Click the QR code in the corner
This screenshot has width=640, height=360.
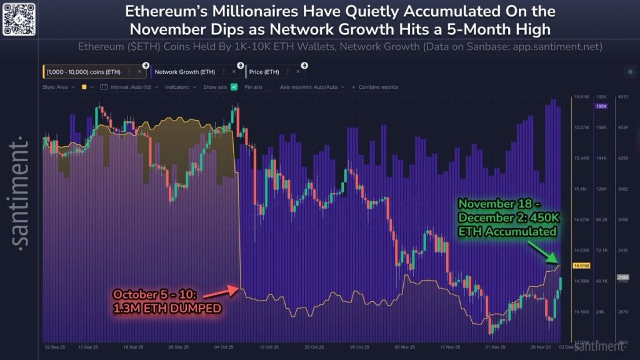18,18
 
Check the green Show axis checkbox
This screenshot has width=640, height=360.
234,87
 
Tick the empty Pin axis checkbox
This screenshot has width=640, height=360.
269,87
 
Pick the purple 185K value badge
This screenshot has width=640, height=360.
602,106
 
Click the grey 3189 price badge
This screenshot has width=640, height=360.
622,276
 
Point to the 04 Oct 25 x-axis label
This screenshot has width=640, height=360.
223,346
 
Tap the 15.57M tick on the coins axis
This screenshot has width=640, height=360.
581,127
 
